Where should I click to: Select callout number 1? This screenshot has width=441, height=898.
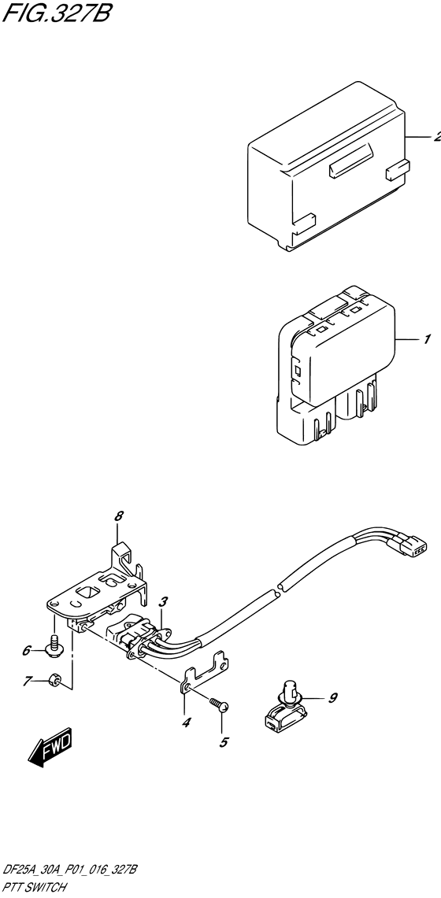tap(426, 340)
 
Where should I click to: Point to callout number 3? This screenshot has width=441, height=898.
tap(161, 602)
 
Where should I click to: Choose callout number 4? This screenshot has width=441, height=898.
tap(187, 722)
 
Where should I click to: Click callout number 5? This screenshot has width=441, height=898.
tap(223, 741)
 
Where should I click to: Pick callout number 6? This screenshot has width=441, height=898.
tap(27, 650)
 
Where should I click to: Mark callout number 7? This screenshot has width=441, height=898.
tap(27, 681)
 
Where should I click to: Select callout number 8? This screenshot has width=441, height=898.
tap(119, 516)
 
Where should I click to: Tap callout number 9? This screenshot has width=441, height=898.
tap(332, 697)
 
